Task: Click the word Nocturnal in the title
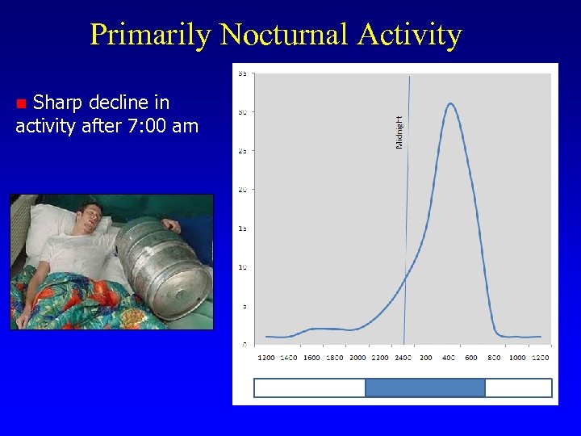click(x=283, y=35)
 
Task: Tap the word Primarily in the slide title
click(x=150, y=35)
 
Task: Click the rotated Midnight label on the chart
click(x=399, y=131)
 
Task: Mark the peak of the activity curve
click(x=450, y=103)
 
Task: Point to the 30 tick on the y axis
click(x=242, y=112)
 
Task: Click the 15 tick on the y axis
click(x=242, y=228)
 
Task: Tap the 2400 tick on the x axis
click(x=403, y=358)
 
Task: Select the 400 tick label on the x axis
click(x=449, y=358)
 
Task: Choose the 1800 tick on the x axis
click(x=335, y=358)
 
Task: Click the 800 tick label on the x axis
click(x=495, y=358)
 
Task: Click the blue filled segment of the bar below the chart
click(x=424, y=388)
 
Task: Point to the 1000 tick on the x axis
click(x=517, y=358)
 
